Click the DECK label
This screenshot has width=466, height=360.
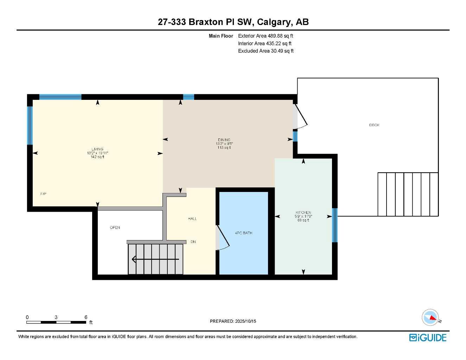374,125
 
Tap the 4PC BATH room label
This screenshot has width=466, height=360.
243,233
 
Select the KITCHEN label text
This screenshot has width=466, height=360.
303,213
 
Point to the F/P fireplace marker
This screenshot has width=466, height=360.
43,194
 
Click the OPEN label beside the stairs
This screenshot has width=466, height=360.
115,228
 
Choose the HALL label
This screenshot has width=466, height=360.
192,219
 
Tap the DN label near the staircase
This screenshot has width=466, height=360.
193,242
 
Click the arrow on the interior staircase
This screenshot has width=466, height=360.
155,259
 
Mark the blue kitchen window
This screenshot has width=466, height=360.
335,225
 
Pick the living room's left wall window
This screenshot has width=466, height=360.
30,126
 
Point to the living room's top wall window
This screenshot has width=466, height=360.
60,97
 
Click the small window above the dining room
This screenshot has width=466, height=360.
189,97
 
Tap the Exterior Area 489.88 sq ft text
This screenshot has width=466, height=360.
266,36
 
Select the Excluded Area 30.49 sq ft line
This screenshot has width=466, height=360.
266,51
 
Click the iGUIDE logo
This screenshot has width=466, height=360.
428,337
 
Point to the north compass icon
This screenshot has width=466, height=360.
430,317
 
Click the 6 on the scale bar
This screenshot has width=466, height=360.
86,317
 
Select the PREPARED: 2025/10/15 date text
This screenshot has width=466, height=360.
233,321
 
